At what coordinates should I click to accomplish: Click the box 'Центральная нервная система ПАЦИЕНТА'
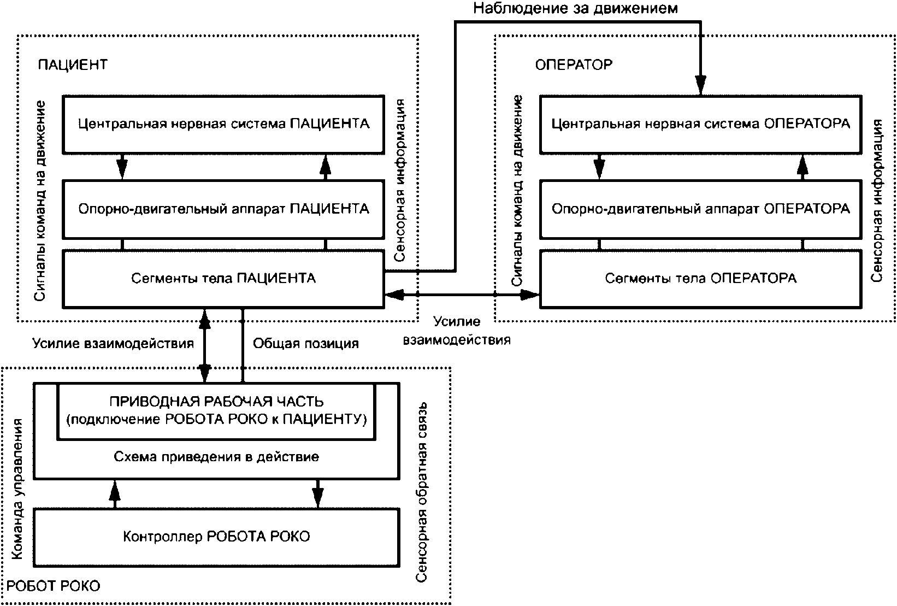click(223, 125)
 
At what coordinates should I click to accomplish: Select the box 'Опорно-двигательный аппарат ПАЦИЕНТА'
click(223, 209)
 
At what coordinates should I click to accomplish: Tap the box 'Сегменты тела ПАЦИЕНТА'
click(223, 279)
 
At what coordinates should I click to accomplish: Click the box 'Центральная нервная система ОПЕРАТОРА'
click(701, 125)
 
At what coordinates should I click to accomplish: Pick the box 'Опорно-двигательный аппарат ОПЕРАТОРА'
click(701, 209)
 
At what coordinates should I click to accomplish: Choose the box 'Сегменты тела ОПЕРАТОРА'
click(701, 279)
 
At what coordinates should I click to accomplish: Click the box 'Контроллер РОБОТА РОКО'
click(217, 538)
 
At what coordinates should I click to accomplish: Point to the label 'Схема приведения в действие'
click(217, 457)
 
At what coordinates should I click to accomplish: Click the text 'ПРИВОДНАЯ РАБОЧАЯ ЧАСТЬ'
click(217, 401)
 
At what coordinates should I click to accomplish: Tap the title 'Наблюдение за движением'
click(575, 8)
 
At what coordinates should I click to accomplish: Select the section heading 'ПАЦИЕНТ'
click(73, 64)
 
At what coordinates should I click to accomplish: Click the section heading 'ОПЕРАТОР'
click(574, 64)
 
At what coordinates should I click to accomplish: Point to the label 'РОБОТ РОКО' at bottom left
click(53, 586)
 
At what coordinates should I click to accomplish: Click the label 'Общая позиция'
click(306, 344)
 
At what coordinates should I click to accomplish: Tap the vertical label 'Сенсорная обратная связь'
click(421, 492)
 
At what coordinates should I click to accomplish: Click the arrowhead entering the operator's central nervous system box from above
click(700, 85)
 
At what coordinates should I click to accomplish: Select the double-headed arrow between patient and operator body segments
click(462, 295)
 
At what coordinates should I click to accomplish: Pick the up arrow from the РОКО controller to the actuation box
click(115, 494)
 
